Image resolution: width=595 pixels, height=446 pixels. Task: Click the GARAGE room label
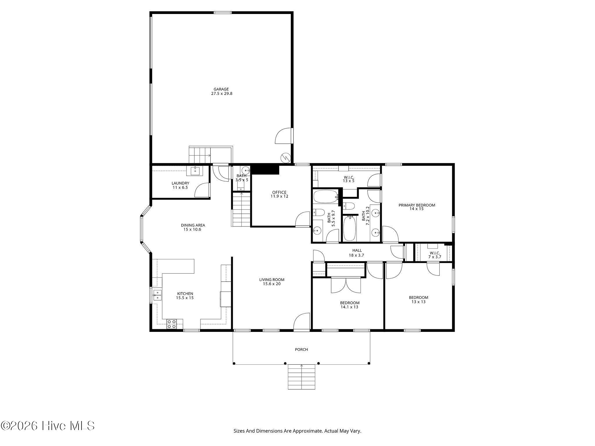[x=221, y=89]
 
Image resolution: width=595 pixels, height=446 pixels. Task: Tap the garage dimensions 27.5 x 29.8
[x=222, y=94]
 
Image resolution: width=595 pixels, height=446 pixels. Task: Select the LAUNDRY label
[x=180, y=183]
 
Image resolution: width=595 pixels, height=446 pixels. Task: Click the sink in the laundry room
[x=195, y=171]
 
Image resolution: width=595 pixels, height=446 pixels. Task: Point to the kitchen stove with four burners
[x=172, y=324]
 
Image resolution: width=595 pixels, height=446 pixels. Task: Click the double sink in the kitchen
[x=157, y=295]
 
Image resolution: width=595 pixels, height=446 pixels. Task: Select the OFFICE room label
[x=279, y=192]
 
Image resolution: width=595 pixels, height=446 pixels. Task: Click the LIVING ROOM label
[x=272, y=280]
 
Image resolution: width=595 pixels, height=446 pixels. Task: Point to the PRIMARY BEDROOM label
[x=417, y=205]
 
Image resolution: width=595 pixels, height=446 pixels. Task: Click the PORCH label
[x=301, y=349]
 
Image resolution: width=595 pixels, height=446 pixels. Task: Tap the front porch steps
[x=302, y=377]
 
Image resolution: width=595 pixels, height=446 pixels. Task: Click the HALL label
[x=357, y=250]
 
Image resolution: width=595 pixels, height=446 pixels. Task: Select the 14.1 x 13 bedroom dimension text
[x=350, y=307]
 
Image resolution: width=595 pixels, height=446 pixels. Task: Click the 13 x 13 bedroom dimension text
[x=419, y=302]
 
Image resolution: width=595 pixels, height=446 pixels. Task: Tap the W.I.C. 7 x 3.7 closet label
[x=435, y=255]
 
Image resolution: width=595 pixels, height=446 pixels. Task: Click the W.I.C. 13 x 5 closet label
[x=349, y=179]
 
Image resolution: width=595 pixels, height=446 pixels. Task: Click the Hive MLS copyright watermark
[x=48, y=426]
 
